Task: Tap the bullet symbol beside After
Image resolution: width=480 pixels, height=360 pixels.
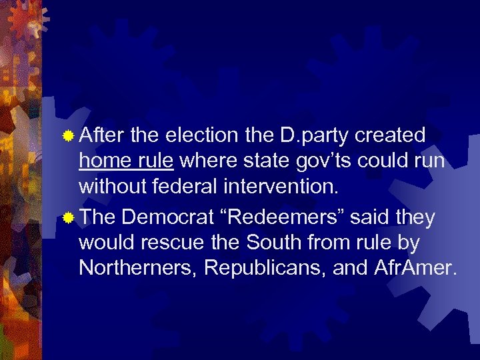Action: coord(67,137)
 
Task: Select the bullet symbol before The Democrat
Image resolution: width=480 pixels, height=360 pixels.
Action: coord(67,218)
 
